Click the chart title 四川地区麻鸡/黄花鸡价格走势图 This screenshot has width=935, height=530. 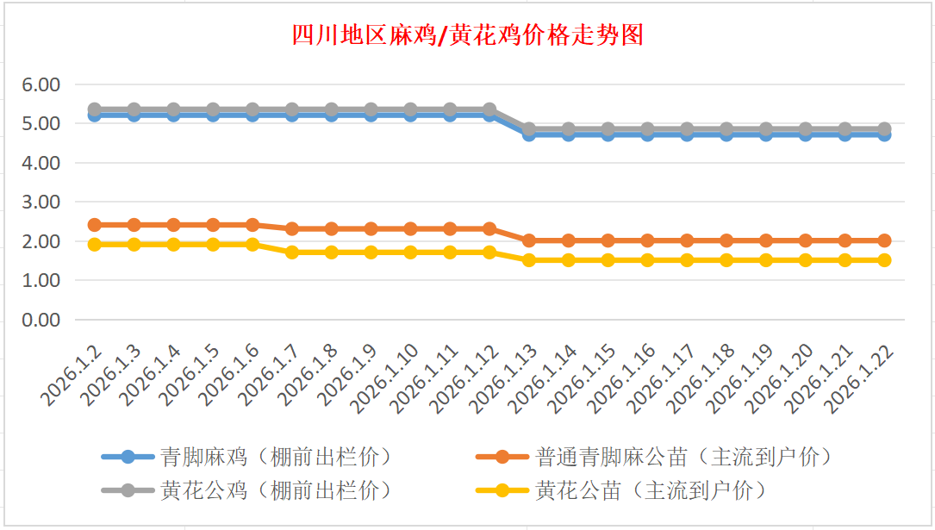pos(467,35)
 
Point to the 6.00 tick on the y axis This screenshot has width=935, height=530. pos(41,84)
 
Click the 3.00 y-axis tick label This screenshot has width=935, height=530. pos(41,202)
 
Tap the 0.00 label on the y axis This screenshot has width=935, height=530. pos(41,320)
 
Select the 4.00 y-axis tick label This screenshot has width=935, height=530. pos(41,163)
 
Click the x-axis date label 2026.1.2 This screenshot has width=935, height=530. pos(71,376)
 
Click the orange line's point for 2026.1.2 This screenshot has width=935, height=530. pos(95,225)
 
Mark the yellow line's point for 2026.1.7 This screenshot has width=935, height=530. pos(292,253)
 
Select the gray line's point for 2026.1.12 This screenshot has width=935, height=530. pos(489,109)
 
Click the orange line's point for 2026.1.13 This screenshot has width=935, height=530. pos(529,240)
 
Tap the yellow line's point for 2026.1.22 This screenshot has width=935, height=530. pos(884,259)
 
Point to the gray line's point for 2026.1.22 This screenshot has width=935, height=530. pos(884,129)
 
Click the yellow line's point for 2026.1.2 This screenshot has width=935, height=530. pos(95,244)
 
